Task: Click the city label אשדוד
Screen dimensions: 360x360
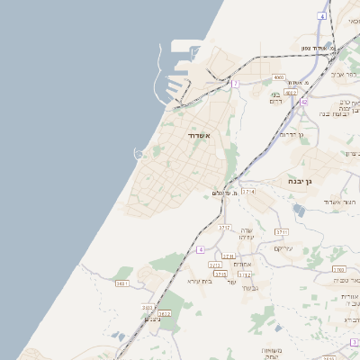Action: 199,135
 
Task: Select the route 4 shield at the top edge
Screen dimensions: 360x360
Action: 322,16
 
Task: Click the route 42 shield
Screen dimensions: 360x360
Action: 304,103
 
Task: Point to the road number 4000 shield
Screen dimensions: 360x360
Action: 278,78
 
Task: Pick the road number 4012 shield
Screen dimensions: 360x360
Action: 291,92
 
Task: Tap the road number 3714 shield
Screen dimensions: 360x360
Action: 248,192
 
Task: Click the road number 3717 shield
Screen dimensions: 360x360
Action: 225,228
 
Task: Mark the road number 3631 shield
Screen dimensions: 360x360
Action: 122,283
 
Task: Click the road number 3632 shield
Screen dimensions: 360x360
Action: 164,313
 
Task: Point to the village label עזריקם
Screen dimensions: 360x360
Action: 283,248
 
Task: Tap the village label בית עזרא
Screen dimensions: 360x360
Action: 199,281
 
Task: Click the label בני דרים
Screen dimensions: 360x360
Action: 276,98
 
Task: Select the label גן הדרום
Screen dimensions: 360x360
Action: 293,134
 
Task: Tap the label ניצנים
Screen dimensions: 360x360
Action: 153,319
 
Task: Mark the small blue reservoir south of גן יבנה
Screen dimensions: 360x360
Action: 299,210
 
